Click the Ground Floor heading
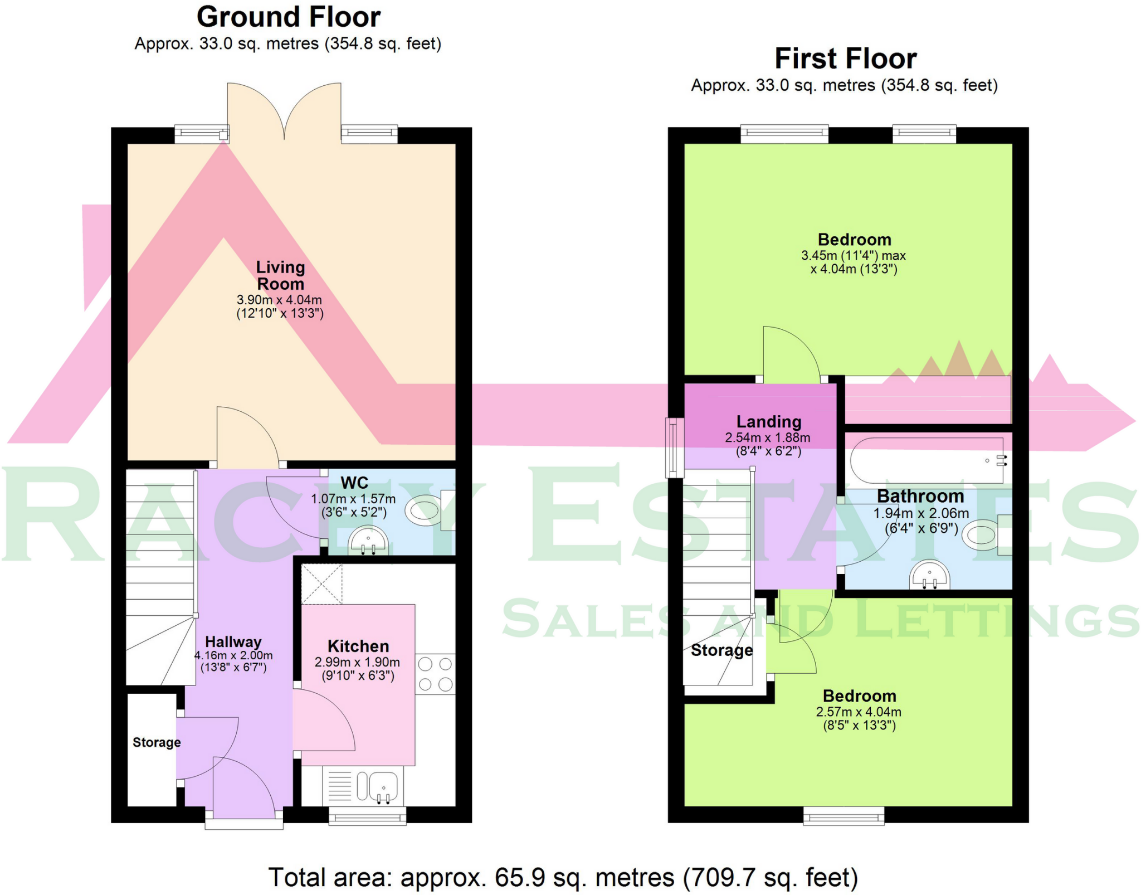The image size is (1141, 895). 288,17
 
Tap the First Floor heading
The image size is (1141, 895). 845,59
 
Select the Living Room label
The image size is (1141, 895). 280,275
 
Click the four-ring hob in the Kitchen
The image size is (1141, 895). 435,674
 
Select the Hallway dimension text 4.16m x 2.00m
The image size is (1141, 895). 233,655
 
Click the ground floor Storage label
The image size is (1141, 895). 157,742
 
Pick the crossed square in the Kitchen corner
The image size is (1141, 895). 321,584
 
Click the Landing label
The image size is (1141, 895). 769,422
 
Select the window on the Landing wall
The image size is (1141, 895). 675,448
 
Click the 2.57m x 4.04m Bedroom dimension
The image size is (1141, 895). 859,712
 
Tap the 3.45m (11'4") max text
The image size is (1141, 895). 854,256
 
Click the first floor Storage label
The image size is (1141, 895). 721,650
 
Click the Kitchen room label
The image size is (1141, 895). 358,646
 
